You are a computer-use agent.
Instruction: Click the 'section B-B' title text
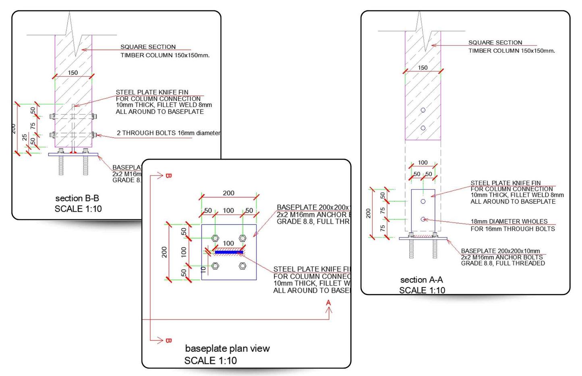77,198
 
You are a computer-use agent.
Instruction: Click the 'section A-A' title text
421,280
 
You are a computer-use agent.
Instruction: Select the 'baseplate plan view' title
227,349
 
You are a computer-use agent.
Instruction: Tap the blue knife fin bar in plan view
228,252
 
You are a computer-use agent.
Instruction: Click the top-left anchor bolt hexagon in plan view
215,238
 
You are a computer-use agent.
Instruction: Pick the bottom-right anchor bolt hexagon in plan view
242,266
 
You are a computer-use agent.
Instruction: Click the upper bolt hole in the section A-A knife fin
423,201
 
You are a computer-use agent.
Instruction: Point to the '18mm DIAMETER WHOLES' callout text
509,221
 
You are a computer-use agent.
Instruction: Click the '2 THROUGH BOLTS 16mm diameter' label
168,133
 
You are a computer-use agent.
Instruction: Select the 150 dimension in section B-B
73,73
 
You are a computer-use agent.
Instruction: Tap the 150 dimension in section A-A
423,68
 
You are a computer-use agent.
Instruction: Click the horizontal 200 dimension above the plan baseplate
228,193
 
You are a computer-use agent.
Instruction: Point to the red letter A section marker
329,303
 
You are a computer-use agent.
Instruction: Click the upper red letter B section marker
168,176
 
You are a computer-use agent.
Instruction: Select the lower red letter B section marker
168,341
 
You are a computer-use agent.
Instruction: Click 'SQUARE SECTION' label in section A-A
495,42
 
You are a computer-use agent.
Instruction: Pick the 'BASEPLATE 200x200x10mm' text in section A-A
500,251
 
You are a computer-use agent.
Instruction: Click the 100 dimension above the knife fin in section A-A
423,163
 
